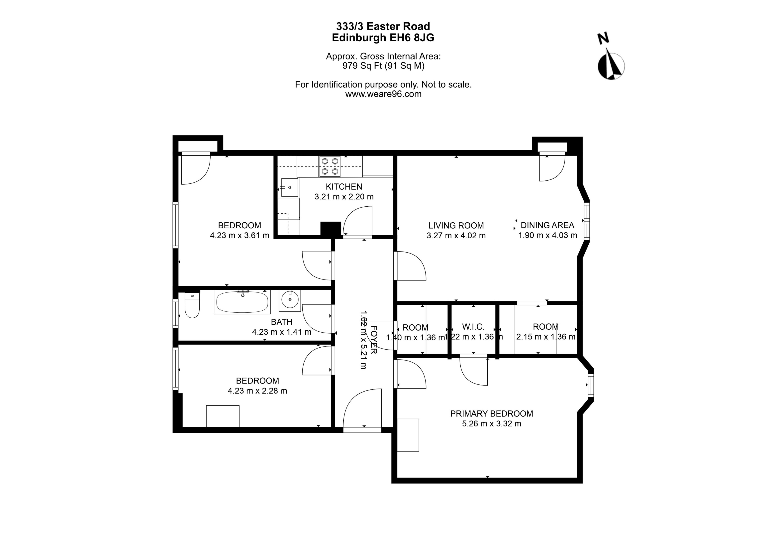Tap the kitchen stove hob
(330, 166)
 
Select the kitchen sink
(289, 187)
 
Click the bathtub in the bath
(242, 302)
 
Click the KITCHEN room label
(344, 187)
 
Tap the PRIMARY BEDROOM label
(491, 414)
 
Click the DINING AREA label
(547, 225)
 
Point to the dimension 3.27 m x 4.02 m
(456, 236)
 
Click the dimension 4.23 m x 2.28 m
(257, 391)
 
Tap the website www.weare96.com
(383, 94)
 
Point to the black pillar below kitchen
(330, 229)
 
